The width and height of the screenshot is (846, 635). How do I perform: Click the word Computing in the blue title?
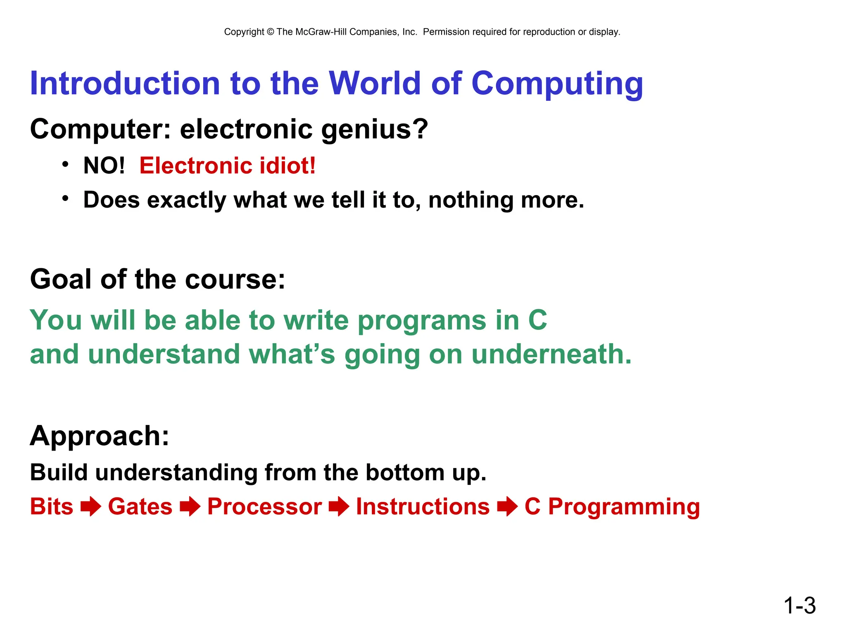(x=557, y=84)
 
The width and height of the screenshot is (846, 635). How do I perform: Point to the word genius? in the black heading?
(x=374, y=129)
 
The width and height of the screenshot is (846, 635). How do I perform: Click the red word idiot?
(x=288, y=165)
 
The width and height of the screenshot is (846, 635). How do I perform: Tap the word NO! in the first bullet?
(x=104, y=165)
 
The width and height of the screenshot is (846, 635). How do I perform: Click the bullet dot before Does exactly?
(x=65, y=199)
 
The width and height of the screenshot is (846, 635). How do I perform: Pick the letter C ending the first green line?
(x=537, y=320)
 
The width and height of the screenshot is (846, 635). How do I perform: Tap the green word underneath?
(x=551, y=354)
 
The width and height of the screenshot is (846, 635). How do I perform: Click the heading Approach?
(x=100, y=436)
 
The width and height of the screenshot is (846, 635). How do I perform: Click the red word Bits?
(x=52, y=506)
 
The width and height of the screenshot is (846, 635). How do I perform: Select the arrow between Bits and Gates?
(x=91, y=507)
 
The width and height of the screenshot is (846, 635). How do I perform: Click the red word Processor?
(x=264, y=506)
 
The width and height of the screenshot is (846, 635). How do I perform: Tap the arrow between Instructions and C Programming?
(x=507, y=507)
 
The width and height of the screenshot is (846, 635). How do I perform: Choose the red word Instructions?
(x=423, y=506)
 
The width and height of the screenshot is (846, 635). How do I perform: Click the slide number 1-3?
(x=799, y=606)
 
